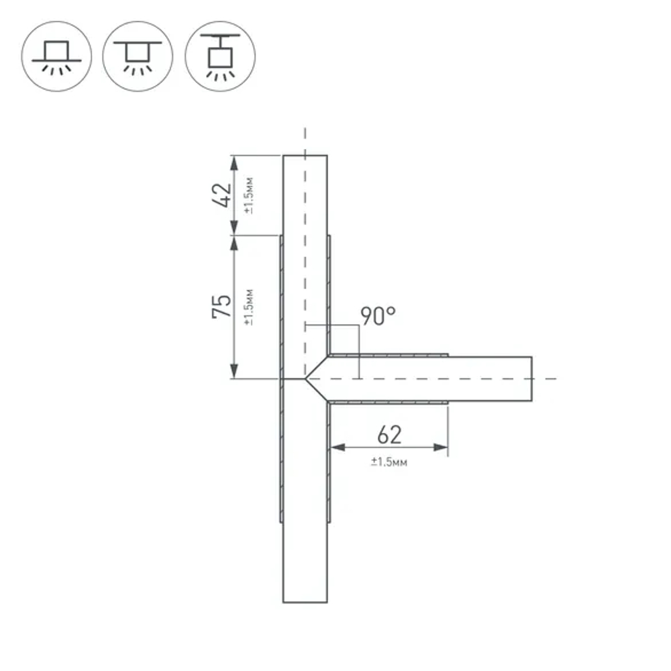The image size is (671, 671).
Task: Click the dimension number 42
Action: [222, 195]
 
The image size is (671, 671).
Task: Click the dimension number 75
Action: [221, 307]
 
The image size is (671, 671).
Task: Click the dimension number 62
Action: [389, 435]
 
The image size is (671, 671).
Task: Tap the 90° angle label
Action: [378, 316]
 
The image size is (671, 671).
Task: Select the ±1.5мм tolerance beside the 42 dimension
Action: [249, 195]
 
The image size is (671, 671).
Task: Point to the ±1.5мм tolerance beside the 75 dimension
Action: [249, 307]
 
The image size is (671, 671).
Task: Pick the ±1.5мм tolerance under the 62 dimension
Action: [389, 462]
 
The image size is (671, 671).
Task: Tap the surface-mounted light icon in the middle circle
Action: [138, 56]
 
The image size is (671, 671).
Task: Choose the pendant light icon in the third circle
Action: [220, 56]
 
